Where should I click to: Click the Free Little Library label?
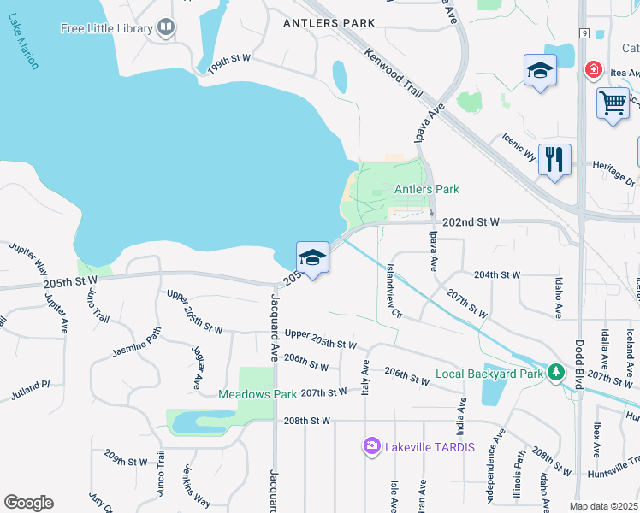[106, 28]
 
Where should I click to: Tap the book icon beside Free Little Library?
[166, 28]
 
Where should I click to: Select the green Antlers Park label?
[426, 189]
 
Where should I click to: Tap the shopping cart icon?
[613, 103]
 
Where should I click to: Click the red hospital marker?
[590, 69]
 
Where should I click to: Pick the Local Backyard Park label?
[489, 374]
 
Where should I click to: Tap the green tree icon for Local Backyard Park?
[556, 372]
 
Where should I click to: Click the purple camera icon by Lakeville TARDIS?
[371, 445]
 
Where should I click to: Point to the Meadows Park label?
[257, 394]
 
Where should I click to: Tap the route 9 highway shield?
[583, 33]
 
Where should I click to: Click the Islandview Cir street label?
[394, 290]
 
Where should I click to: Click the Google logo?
[28, 503]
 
